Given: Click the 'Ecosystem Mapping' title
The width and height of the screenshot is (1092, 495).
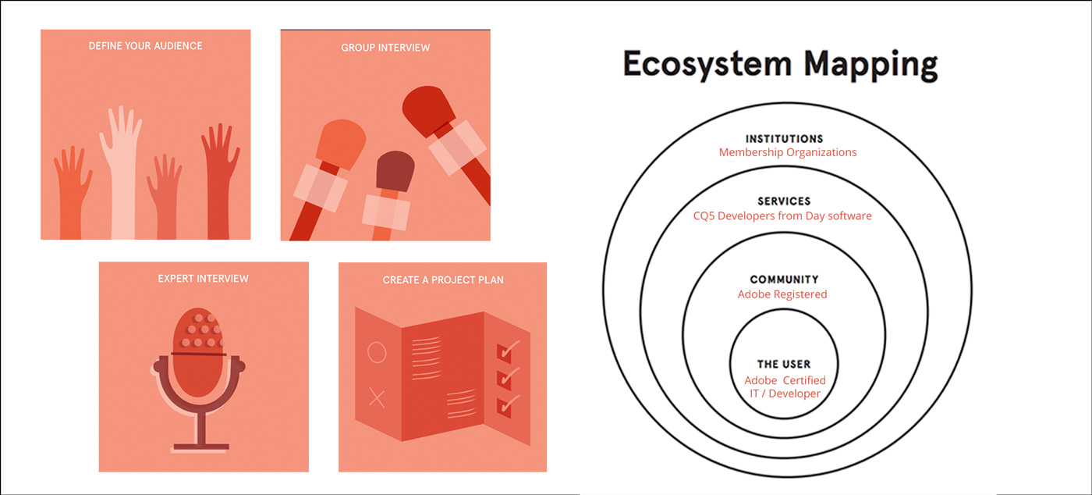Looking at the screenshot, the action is [779, 66].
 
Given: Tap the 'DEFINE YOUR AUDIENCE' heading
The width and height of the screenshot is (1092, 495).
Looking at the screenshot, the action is [145, 46].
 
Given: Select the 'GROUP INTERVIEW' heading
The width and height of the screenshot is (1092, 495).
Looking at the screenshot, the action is [385, 48].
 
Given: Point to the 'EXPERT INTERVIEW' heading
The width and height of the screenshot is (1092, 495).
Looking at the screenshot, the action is [203, 279].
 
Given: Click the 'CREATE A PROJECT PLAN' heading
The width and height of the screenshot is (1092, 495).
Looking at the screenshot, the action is [443, 280].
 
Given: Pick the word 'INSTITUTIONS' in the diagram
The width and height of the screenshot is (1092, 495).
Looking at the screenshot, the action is [784, 139].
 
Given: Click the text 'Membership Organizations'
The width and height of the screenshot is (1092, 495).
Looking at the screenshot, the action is [787, 152].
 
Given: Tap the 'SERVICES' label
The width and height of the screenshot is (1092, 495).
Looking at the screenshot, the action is [784, 201].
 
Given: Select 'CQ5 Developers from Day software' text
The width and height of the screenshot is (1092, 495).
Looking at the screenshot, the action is [782, 215].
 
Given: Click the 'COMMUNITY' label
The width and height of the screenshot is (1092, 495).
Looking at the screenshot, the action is [784, 280].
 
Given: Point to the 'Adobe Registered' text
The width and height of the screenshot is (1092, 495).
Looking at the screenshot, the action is [782, 294].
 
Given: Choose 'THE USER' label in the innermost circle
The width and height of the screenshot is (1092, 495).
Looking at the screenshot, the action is [784, 364].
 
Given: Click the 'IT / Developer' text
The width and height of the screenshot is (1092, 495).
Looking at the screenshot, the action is [784, 394].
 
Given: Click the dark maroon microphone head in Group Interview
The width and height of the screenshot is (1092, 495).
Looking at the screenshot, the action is [394, 171].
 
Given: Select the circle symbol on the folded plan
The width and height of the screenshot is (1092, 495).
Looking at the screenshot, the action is [376, 353].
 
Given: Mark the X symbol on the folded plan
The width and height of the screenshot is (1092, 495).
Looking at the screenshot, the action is [376, 399].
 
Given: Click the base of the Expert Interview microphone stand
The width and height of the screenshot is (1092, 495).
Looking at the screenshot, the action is [200, 447].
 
